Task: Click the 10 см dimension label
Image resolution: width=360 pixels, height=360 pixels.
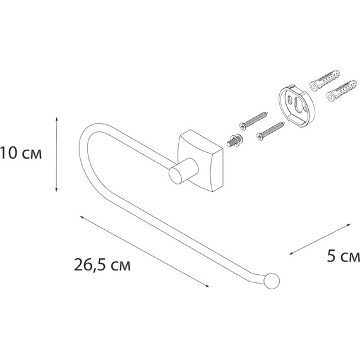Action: pos(21,153)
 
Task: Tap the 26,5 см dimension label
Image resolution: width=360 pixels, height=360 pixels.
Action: pos(102,265)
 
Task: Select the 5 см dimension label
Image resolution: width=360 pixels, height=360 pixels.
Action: pos(344,256)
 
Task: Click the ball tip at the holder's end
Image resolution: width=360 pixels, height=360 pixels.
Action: pos(272,281)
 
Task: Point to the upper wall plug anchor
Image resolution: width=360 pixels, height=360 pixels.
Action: pos(325,81)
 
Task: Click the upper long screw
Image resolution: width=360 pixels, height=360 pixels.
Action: pos(254,121)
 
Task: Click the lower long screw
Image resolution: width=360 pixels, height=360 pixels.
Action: pos(271,131)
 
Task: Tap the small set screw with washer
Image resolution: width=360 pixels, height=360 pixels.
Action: pos(234,140)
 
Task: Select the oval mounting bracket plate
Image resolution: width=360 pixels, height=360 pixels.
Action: pos(297,105)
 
